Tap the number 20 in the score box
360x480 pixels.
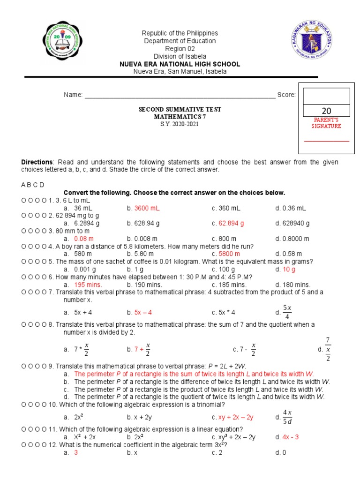[326, 111]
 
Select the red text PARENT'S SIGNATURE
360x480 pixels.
[327, 123]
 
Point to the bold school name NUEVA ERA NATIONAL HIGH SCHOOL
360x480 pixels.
[180, 64]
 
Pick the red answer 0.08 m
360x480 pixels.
[84, 239]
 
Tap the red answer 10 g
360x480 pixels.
[289, 269]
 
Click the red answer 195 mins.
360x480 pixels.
[88, 285]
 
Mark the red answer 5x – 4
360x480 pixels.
[143, 312]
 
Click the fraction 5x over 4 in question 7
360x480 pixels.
[287, 312]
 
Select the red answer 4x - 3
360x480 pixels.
[291, 437]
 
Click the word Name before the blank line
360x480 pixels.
[73, 95]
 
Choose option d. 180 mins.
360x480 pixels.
[293, 285]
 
